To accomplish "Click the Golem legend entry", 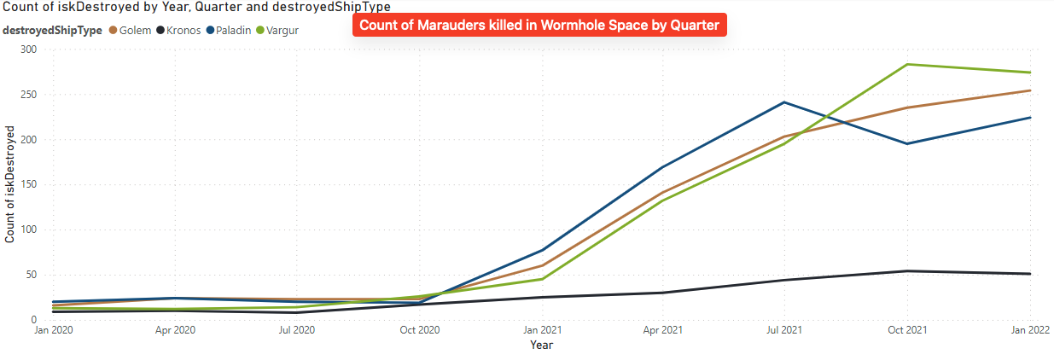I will click(135, 31).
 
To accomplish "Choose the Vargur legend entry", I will click(282, 31).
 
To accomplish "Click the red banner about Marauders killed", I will click(539, 25).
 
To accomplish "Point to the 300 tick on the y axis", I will click(28, 49).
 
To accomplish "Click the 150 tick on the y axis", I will click(28, 184).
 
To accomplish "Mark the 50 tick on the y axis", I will click(31, 275).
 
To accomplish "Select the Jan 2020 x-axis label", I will click(53, 328).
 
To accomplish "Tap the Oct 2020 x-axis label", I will click(419, 328).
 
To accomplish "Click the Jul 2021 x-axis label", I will click(783, 328).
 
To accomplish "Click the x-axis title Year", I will click(541, 345).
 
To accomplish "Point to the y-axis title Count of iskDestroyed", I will click(10, 184).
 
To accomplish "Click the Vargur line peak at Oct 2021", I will click(907, 64).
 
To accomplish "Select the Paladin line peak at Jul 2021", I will click(784, 102).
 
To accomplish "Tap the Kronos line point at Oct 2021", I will click(907, 271).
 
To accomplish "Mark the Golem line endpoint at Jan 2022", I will click(1030, 90).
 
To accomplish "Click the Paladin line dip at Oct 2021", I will click(907, 143).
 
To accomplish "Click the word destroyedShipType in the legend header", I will click(52, 31).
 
